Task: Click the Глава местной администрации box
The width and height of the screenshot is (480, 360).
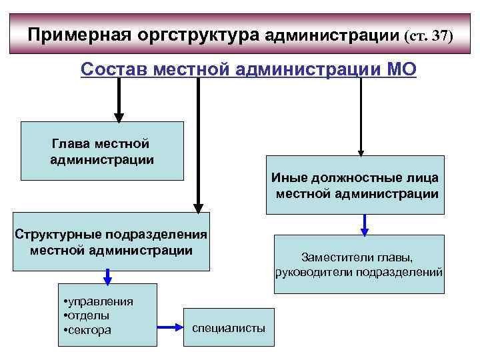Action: click(101, 151)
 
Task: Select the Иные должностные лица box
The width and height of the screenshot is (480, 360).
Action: click(355, 185)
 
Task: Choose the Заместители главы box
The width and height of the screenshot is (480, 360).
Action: click(359, 265)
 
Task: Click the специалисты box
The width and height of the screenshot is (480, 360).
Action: click(229, 327)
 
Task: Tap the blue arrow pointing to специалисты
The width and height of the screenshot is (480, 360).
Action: click(170, 327)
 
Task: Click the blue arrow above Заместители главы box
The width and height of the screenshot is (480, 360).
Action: click(365, 224)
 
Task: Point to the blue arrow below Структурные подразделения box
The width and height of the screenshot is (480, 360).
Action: click(107, 277)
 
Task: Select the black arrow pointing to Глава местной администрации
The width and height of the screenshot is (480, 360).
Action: click(118, 100)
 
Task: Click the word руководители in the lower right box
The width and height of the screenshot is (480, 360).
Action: click(315, 272)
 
